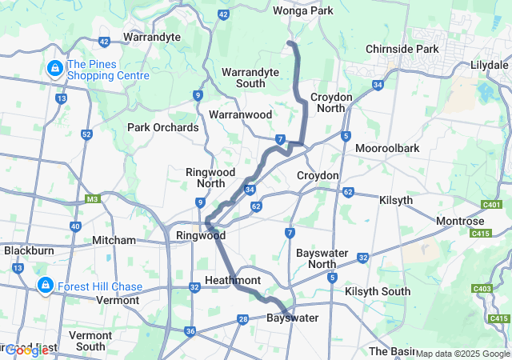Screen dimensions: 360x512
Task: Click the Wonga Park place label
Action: click(x=302, y=11)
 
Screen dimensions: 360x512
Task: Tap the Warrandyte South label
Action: click(x=250, y=78)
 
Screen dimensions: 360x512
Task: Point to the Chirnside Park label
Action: click(x=402, y=49)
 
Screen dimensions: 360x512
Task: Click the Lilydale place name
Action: click(x=490, y=63)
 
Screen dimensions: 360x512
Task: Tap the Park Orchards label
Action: click(x=162, y=127)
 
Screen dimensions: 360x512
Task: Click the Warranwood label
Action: click(x=240, y=114)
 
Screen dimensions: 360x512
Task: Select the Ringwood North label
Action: click(x=210, y=178)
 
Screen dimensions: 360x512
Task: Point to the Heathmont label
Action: click(x=233, y=280)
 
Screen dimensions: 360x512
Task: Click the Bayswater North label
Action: click(x=322, y=258)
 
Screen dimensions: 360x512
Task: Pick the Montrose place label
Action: click(x=460, y=221)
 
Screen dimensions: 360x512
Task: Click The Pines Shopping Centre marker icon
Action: click(x=55, y=70)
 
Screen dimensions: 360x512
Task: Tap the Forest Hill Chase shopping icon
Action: click(x=45, y=286)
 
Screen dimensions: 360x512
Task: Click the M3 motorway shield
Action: click(x=93, y=199)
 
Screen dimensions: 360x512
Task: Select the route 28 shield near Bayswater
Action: click(x=242, y=320)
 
